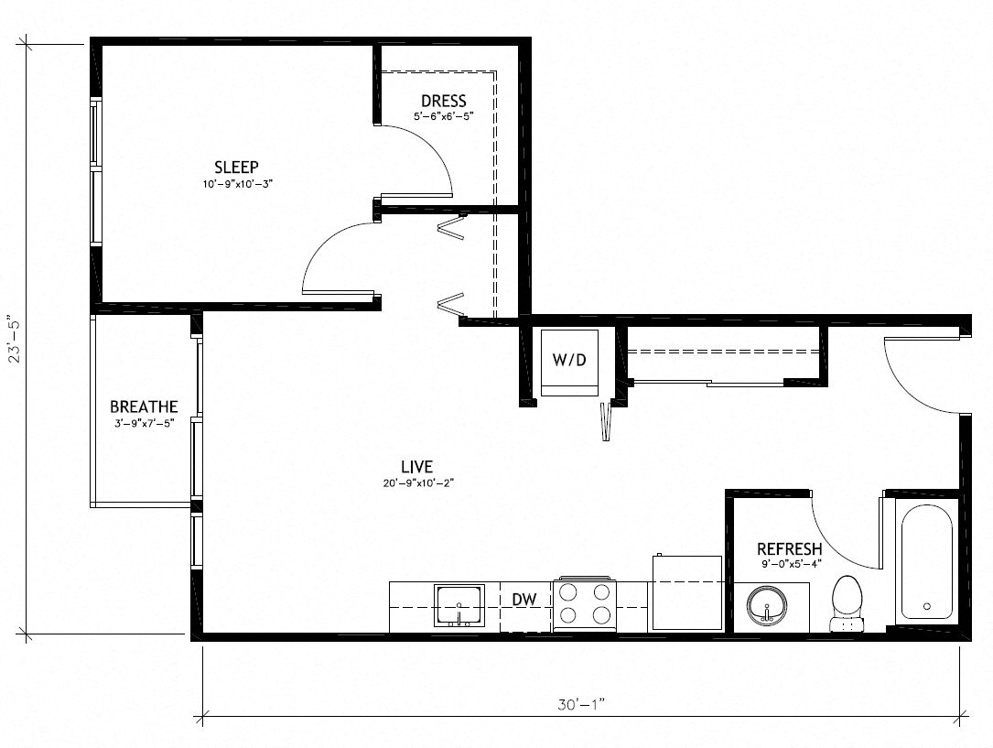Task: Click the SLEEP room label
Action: (x=236, y=167)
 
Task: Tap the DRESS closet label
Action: (x=443, y=101)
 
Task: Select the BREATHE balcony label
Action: (x=144, y=407)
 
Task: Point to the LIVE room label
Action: (x=416, y=467)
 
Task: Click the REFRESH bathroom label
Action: (x=788, y=549)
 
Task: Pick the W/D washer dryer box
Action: (x=568, y=362)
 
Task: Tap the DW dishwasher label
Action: (x=523, y=600)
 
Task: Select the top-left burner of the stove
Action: (x=568, y=591)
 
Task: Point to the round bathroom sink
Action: (x=766, y=606)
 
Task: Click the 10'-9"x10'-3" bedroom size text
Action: (x=236, y=184)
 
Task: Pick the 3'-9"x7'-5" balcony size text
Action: (x=144, y=422)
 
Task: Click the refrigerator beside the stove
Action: (x=686, y=592)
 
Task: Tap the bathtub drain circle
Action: (x=926, y=606)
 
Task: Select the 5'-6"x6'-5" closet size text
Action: (x=443, y=116)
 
